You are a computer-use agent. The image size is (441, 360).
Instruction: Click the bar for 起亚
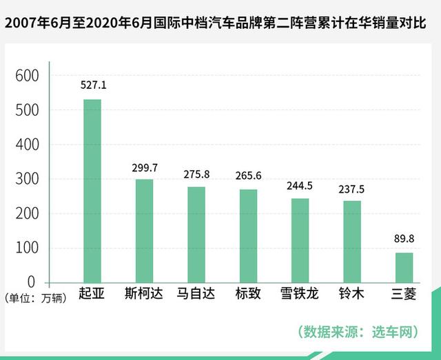point(92,191)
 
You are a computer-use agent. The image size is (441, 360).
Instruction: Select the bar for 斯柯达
point(144,231)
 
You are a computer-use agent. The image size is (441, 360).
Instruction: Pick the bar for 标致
point(248,235)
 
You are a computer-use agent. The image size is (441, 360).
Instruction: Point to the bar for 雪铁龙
point(300,240)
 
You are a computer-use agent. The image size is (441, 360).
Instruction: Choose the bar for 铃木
point(352,241)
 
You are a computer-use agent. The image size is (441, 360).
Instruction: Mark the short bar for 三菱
point(404,267)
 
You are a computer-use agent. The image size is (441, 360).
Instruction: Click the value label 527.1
point(92,85)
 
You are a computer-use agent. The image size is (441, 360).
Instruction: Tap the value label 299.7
point(144,167)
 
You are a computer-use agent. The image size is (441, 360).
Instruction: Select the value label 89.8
point(404,238)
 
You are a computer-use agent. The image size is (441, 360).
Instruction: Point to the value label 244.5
point(300,185)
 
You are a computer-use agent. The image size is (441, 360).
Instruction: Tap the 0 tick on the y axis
point(32,282)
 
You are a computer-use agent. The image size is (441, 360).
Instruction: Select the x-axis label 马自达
point(196,294)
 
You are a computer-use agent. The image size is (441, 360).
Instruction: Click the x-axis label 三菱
point(404,294)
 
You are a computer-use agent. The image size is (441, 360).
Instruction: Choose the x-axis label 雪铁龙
point(300,294)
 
